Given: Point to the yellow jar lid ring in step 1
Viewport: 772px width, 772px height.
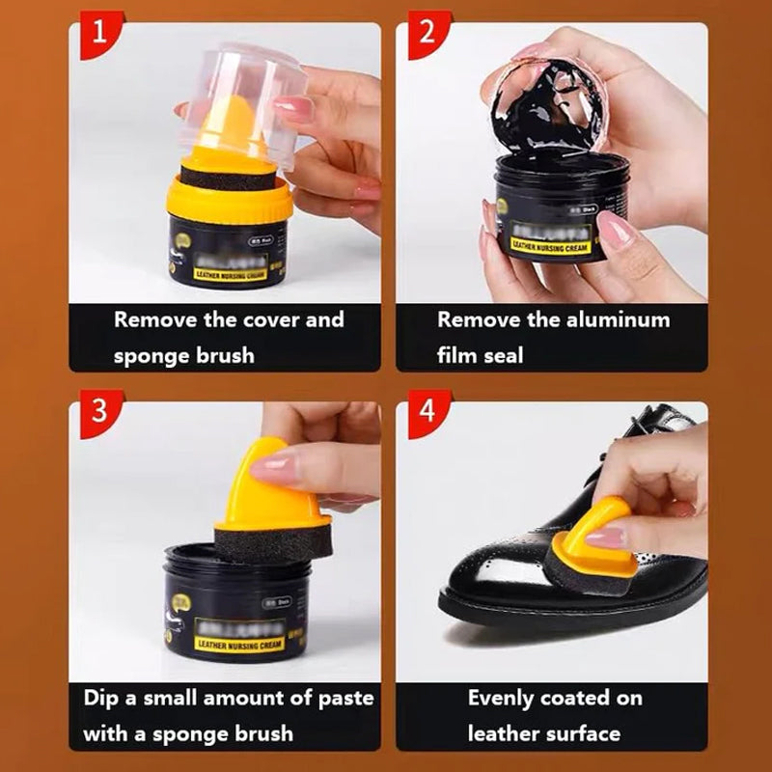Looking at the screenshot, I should point(231,198).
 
